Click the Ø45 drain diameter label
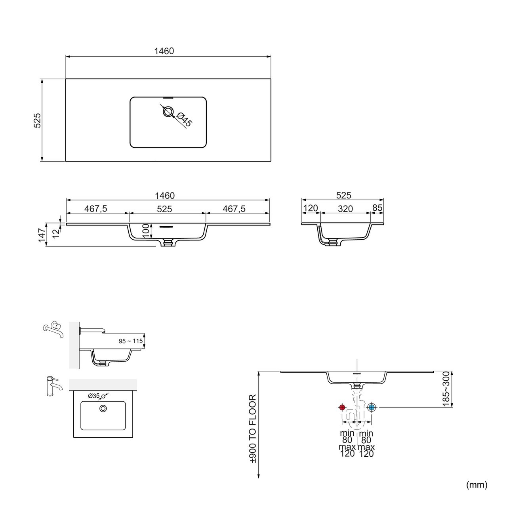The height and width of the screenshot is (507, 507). point(185,120)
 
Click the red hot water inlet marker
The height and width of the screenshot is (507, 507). point(342,408)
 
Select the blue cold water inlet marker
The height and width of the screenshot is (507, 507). point(372,408)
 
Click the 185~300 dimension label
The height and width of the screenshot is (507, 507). point(446,389)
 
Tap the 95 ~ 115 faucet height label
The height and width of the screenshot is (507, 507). point(131,341)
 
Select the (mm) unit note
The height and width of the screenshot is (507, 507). point(477,485)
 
